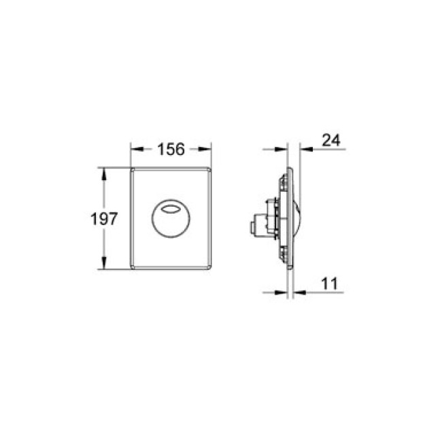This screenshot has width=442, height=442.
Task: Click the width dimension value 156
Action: (171, 150)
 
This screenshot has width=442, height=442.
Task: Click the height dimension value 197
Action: (103, 218)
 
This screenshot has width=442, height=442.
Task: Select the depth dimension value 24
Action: (330, 141)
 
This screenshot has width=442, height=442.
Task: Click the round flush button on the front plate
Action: (171, 218)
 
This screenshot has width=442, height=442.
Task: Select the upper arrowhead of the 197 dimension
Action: (103, 171)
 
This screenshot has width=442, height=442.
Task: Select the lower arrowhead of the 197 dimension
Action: (103, 265)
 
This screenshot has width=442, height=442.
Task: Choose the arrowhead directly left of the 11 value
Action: (300, 293)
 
